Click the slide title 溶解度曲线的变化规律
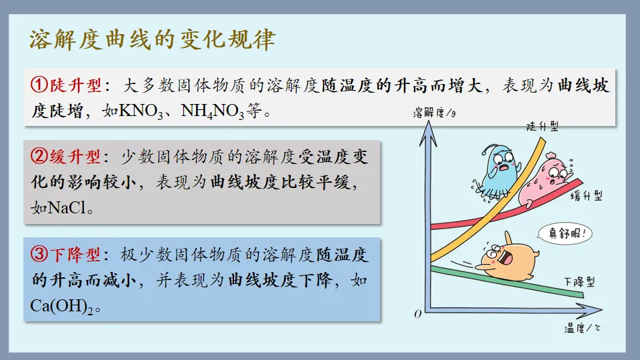[153, 40]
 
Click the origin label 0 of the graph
[418, 313]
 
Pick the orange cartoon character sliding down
[508, 257]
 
